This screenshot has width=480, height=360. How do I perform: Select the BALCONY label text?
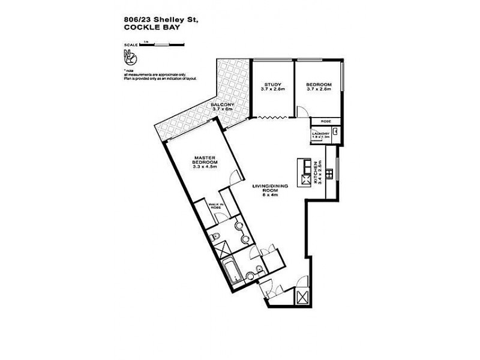coord(221,105)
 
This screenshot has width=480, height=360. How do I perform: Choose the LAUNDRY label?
coord(320,133)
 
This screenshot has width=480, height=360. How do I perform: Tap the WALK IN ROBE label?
coord(215,206)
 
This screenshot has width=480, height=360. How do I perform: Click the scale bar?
coord(153,44)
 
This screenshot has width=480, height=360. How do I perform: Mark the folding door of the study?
coord(272,118)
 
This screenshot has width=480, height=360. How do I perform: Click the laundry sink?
coord(336,133)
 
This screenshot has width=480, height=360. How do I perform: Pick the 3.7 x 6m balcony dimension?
coord(222,110)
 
